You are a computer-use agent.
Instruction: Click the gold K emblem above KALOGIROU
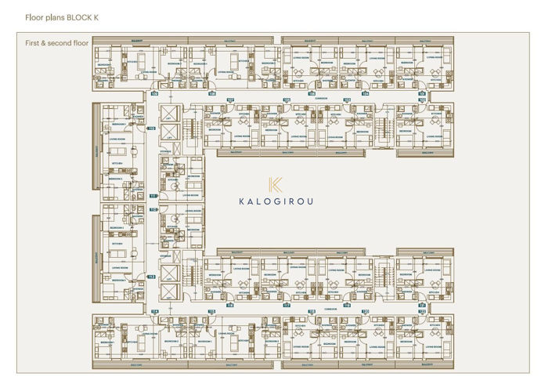(275, 185)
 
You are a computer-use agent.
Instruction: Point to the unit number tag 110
(152, 128)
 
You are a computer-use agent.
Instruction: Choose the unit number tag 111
(153, 195)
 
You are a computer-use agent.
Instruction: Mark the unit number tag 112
(153, 209)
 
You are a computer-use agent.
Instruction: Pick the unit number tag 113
(152, 277)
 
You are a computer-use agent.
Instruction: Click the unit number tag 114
(155, 311)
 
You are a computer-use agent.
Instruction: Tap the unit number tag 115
(211, 311)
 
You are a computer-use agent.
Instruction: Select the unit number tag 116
(229, 305)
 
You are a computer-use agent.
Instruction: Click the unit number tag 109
(154, 92)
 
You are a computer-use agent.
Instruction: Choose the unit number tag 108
(211, 92)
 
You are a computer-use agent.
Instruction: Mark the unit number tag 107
(231, 100)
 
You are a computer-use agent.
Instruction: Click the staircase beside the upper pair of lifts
(189, 125)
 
